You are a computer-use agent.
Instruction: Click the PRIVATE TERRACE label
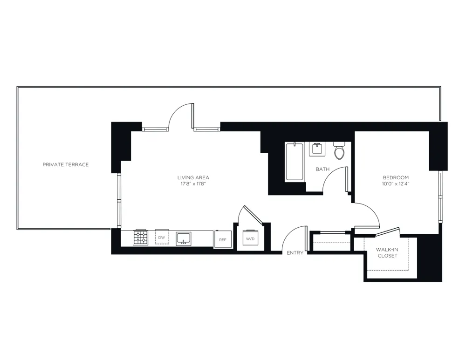point(65,165)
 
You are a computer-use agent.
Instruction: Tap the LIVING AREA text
point(193,177)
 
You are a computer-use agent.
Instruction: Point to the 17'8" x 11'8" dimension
point(193,184)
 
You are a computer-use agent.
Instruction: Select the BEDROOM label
point(396,177)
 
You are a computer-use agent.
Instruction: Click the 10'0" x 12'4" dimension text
point(396,184)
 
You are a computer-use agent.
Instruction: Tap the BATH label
point(322,169)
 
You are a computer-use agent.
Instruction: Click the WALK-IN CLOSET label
point(387,252)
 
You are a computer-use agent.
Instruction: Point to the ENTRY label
point(295,253)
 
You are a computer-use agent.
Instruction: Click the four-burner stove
point(141,238)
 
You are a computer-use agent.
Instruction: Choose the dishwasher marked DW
point(162,238)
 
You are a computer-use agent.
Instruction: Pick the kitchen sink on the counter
point(184,238)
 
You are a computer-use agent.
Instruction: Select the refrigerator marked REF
point(222,239)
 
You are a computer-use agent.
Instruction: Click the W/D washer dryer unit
point(250,239)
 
